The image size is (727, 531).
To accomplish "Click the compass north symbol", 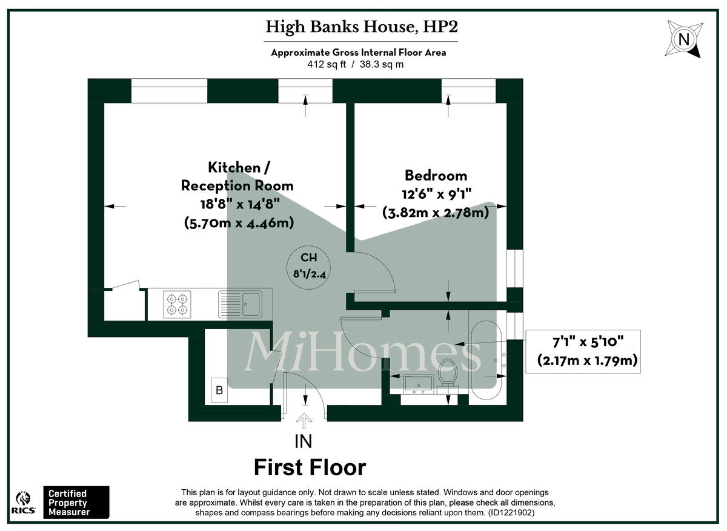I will pos(684,39).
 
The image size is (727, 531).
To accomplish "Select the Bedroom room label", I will pos(436,176).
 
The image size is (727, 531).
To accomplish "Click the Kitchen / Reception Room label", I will pos(237,176).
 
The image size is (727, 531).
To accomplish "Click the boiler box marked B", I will pos(219,390).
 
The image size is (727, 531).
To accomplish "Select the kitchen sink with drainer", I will pos(241,304).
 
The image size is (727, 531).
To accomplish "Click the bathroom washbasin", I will pos(417,383).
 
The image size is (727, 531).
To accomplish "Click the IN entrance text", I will pos(303,441).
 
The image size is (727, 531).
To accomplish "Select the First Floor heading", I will pos(310,467).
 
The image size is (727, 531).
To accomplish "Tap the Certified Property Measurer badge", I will pos(75,503).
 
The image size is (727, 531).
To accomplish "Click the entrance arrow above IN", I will pos(303,421).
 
